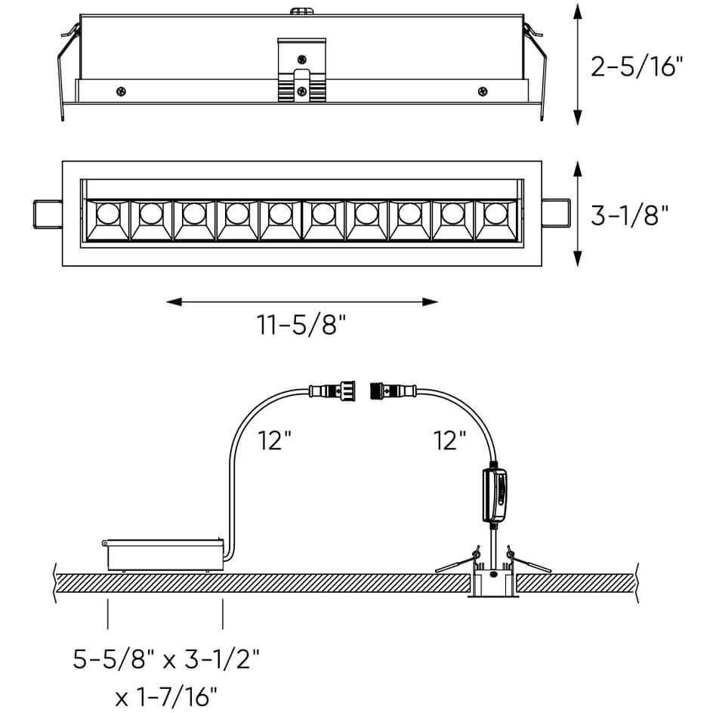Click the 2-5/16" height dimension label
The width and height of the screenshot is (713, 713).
637,66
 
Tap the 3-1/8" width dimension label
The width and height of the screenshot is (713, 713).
630,215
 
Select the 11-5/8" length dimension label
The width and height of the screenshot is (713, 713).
301,325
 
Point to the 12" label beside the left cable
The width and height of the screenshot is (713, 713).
274,440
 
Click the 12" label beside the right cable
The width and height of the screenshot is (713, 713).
449,440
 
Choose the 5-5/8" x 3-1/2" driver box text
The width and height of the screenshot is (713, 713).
166,659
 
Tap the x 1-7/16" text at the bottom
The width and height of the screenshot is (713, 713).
166,696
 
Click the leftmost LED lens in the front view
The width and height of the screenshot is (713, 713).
108,213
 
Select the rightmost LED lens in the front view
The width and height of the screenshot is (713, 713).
496,213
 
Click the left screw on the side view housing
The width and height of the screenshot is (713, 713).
121,91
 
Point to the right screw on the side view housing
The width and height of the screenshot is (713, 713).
483,91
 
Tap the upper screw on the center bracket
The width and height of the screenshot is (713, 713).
301,59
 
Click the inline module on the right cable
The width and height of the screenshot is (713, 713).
495,495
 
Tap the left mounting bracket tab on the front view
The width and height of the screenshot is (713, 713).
48,214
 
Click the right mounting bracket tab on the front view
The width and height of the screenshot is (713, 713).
556,213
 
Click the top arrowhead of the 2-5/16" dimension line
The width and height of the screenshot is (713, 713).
578,11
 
